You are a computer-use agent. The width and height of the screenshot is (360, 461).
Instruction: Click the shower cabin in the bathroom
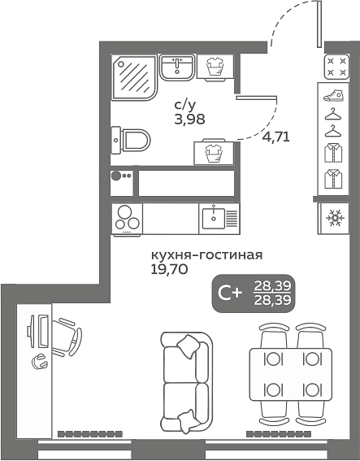point(134,77)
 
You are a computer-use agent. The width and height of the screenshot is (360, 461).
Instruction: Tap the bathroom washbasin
point(177,67)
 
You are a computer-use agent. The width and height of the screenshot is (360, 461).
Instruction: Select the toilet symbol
point(131,140)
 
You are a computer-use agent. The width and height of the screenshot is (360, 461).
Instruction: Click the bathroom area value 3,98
point(189,120)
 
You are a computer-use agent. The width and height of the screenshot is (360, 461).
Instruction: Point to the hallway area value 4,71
point(275,137)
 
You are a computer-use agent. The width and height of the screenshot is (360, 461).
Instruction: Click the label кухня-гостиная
point(206,255)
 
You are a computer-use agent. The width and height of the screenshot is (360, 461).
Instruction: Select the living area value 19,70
point(169,269)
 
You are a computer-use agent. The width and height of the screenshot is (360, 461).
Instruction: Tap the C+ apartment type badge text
point(230,294)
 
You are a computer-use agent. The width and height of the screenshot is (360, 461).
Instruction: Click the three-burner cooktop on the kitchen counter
point(127,219)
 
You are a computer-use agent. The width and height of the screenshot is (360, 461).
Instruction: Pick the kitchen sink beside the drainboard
point(214,219)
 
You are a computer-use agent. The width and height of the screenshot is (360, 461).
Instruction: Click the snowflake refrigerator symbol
point(335,218)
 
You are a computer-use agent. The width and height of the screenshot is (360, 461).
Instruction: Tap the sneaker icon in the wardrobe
point(333,96)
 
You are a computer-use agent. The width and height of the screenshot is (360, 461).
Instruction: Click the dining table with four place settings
point(291,374)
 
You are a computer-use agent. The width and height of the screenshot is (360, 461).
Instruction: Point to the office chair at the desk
point(67,337)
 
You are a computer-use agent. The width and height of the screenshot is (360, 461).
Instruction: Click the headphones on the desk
point(39,361)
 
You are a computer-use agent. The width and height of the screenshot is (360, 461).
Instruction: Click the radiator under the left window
point(90,433)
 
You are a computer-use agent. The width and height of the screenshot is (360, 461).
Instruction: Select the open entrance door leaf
point(319,24)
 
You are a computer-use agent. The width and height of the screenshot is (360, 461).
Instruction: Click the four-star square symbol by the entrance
point(336,67)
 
